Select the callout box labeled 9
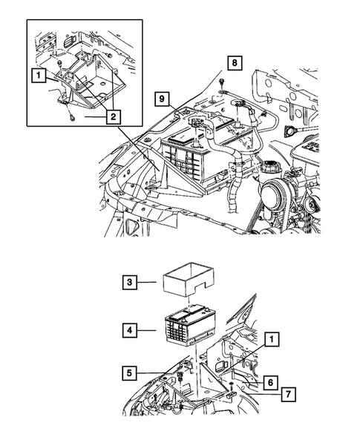(x=162, y=97)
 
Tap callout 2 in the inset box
(x=113, y=117)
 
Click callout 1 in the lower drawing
(x=272, y=339)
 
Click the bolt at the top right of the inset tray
(x=109, y=56)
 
